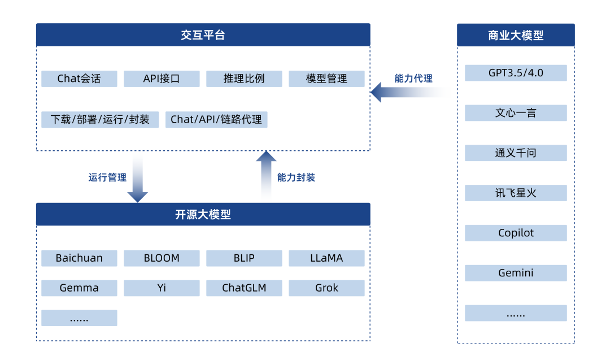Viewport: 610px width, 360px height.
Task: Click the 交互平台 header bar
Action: coord(203,35)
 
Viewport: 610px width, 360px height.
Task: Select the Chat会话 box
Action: coord(79,79)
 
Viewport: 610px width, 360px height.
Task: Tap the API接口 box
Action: coord(162,79)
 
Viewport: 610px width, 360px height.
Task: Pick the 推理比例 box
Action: coord(244,79)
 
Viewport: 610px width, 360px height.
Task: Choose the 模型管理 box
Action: coord(326,79)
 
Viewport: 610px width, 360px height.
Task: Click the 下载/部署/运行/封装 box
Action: coord(100,119)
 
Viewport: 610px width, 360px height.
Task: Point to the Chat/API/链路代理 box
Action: coord(216,119)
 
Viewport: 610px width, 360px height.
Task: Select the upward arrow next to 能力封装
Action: coord(266,177)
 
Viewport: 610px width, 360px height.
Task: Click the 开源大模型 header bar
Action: coord(203,215)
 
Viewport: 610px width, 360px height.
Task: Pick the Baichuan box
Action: coord(79,258)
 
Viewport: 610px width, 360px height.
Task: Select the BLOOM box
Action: coord(162,258)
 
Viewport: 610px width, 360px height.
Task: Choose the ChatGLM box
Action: coord(244,288)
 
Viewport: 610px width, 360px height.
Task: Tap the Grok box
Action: coord(326,288)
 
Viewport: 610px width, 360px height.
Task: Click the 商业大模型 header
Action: coord(516,35)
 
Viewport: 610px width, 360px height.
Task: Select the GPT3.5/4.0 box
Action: coord(516,73)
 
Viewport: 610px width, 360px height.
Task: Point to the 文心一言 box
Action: coord(516,113)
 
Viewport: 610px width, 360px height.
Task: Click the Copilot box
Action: coord(516,233)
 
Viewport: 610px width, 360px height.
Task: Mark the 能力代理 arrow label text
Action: coord(414,79)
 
